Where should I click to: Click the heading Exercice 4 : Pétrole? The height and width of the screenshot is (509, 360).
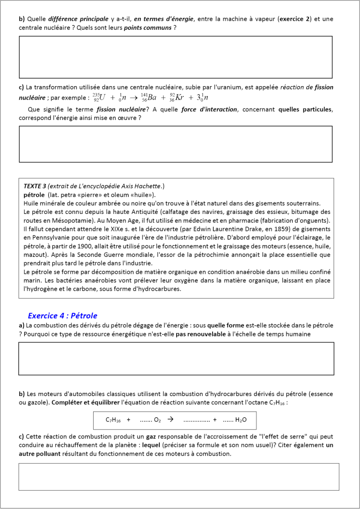point(62,315)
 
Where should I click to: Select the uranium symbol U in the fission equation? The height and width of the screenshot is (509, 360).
point(103,98)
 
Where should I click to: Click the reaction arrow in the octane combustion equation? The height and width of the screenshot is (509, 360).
point(170,419)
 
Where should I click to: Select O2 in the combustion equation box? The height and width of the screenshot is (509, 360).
point(157,420)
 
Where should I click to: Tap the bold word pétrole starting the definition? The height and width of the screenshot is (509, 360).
point(34,195)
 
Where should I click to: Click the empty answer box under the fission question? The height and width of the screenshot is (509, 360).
point(175,144)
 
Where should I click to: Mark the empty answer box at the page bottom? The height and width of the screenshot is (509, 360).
point(178,477)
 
